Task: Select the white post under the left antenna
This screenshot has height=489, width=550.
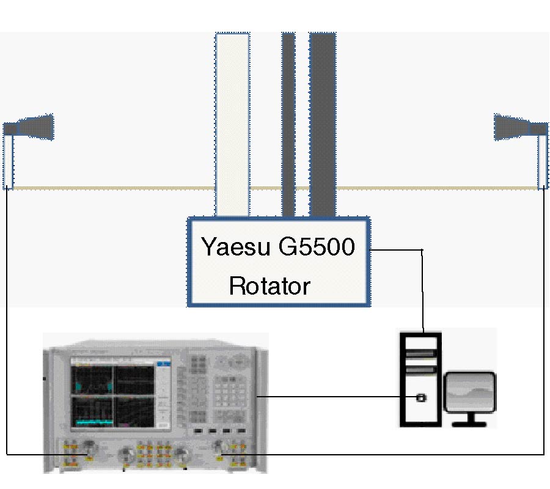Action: point(8,161)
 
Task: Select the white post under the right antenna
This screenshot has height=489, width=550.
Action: point(542,161)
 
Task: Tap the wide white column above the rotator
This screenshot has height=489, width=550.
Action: point(232,122)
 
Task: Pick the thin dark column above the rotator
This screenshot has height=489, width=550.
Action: point(288,122)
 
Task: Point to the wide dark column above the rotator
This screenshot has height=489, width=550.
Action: point(322,122)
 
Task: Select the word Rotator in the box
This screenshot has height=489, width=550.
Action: point(269,285)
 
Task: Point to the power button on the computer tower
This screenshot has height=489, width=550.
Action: point(420,398)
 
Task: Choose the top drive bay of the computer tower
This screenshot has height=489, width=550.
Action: point(420,353)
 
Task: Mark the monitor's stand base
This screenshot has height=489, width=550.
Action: point(469,423)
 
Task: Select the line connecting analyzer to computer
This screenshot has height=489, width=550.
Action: point(336,396)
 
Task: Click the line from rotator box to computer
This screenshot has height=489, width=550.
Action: point(423,287)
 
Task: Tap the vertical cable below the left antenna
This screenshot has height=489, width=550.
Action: point(7,318)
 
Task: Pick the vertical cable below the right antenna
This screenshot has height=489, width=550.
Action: point(543,318)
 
